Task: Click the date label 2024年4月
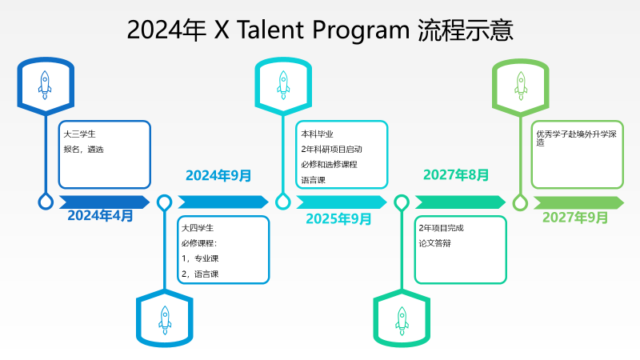101,215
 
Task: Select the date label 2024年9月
218,175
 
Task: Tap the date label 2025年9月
338,218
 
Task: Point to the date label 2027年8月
456,174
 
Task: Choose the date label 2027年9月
575,217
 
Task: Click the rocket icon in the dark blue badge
45,85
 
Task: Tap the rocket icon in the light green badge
521,86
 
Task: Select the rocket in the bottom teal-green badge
402,321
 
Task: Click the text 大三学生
79,134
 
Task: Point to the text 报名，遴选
84,150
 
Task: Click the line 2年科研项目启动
331,150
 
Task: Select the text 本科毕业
317,134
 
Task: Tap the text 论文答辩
434,243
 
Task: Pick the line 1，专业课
200,258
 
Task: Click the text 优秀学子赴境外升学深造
576,138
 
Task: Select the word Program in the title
362,31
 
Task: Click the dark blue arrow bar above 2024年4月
105,202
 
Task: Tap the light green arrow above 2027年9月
578,203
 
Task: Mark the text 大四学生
198,228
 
